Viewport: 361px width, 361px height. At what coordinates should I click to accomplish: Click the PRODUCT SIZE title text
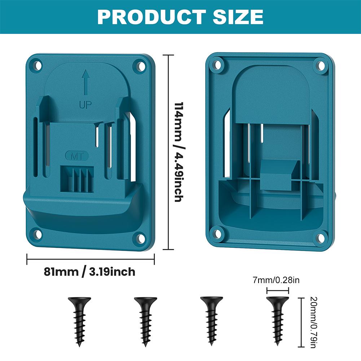coord(180,17)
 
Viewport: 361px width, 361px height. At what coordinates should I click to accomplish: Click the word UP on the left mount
coord(85,105)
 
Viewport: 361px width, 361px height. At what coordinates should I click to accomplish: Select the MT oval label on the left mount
coord(73,156)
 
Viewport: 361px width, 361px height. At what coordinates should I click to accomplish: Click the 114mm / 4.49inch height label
coord(178,152)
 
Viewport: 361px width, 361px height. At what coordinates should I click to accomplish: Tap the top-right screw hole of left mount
coord(139,66)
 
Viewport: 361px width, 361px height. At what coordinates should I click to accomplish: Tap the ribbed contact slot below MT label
coord(78,178)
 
